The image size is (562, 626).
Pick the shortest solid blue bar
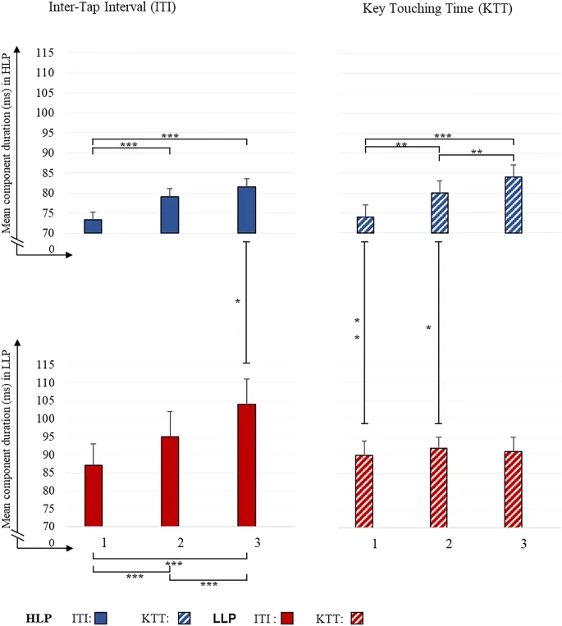(x=93, y=226)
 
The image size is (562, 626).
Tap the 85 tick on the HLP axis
(x=46, y=173)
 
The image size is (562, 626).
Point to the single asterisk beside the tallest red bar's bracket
(x=238, y=302)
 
